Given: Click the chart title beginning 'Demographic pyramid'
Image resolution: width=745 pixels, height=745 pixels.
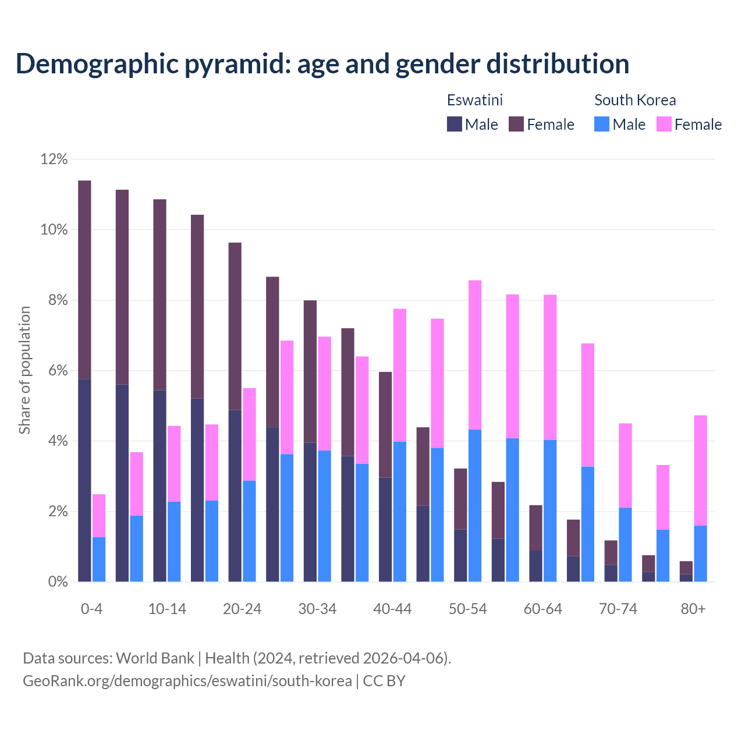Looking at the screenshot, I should click(322, 64).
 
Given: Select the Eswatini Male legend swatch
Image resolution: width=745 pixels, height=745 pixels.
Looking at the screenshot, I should click(455, 124).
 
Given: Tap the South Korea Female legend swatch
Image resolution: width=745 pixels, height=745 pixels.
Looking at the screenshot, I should click(664, 124).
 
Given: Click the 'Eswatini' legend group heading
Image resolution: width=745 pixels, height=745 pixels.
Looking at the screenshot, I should click(474, 100).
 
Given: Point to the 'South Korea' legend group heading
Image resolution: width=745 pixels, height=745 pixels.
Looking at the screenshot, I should click(635, 100).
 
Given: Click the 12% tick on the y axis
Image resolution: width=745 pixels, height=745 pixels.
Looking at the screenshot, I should click(54, 159).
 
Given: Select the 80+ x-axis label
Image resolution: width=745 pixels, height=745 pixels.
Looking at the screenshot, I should click(693, 609).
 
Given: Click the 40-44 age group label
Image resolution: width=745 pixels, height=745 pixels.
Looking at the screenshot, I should click(392, 609).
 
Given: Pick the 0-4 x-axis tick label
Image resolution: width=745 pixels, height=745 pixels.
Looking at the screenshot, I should click(92, 609).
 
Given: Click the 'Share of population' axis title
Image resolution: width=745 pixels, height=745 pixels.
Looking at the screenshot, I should click(25, 370).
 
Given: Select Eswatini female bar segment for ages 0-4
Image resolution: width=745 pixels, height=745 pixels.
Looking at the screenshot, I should click(84, 279).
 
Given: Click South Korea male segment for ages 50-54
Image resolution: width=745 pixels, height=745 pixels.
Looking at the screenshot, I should click(475, 505).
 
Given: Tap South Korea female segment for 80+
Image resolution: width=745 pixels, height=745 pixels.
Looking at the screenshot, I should click(701, 470).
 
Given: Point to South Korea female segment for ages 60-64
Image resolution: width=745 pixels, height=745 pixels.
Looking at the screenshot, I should click(550, 367).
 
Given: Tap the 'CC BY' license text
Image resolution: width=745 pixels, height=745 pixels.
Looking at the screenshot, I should click(384, 681).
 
